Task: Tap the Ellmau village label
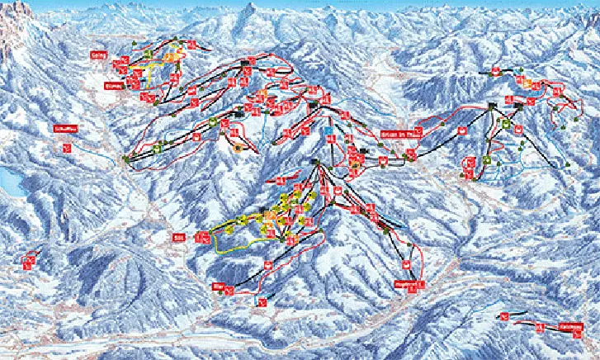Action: coord(113,83)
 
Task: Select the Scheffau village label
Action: coord(64,130)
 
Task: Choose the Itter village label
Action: coord(219,285)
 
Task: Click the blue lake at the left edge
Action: coord(10,178)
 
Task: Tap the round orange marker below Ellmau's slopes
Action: coord(239,149)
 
